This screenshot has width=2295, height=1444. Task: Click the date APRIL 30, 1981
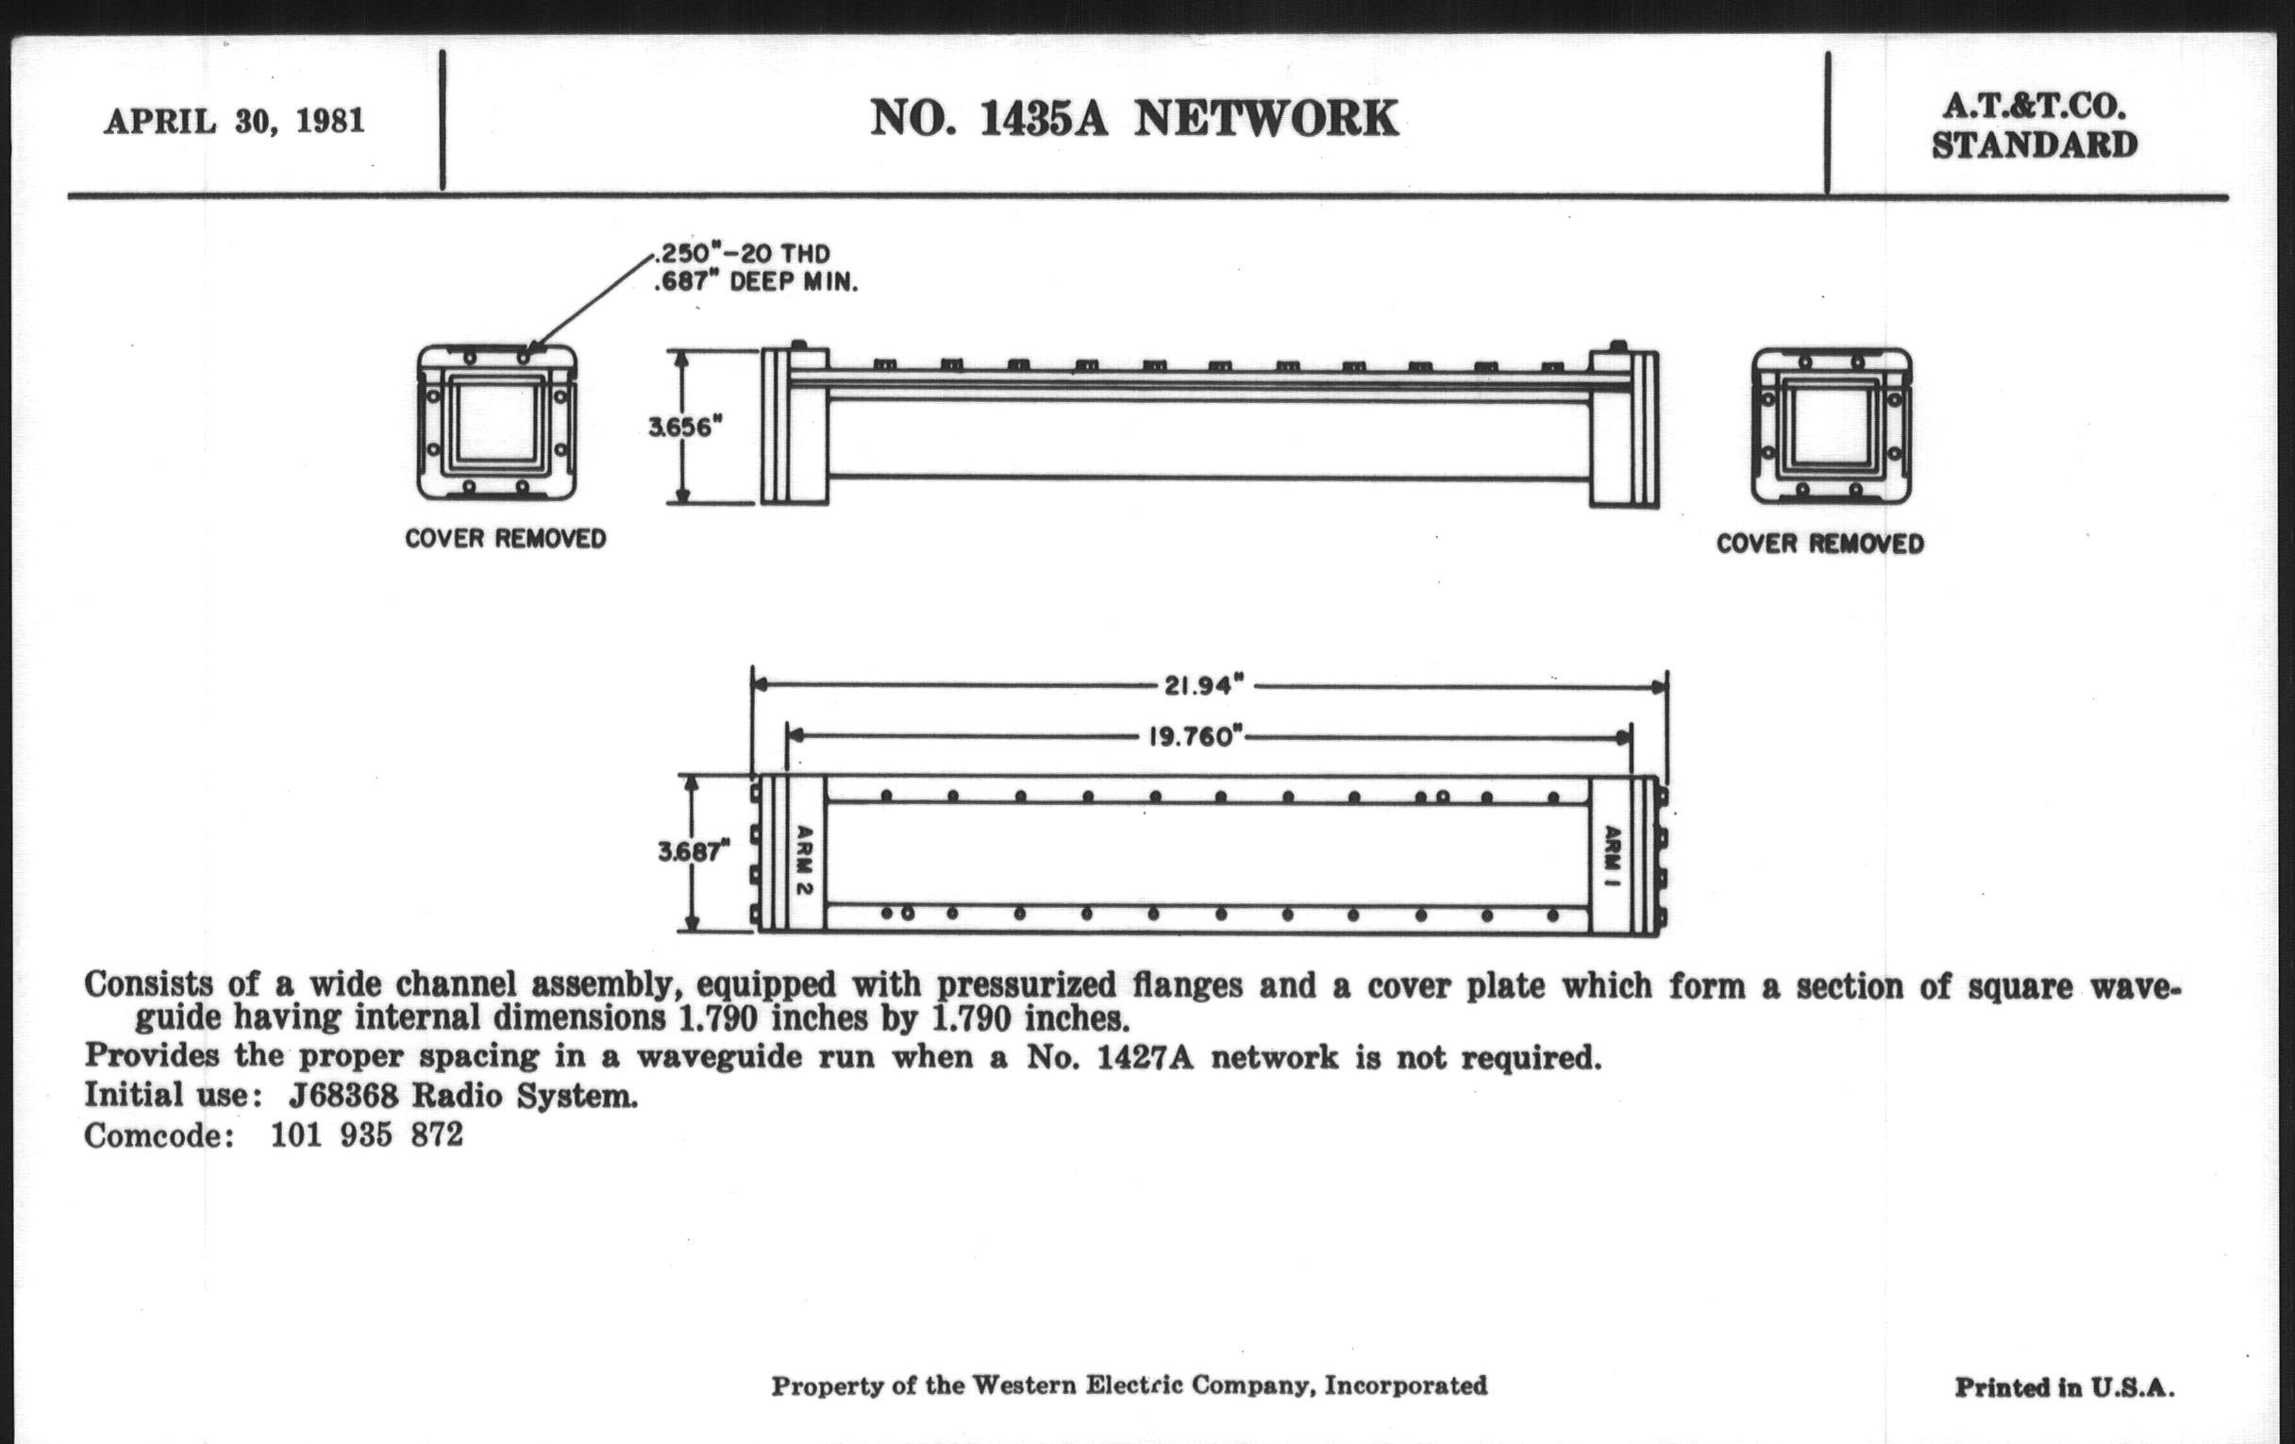pos(233,122)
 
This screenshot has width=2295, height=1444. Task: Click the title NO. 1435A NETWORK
pos(1133,119)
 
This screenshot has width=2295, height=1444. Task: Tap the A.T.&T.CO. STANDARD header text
pos(2034,126)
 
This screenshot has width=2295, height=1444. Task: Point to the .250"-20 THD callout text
pos(742,254)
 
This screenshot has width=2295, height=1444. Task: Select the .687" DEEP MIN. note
pos(755,283)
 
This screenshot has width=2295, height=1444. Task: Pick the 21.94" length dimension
pos(1205,685)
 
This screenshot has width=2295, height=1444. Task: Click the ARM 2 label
pos(803,861)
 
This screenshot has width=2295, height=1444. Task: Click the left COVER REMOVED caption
pos(505,539)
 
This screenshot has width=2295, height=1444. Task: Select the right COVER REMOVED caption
pos(1819,544)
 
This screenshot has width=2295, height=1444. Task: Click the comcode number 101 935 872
pos(367,1135)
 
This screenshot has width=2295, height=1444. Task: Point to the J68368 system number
pos(343,1096)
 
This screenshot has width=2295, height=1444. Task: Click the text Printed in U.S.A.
pos(2065,1386)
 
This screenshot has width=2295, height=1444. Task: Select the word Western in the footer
pos(1024,1385)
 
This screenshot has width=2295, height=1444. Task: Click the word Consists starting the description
pos(148,984)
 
